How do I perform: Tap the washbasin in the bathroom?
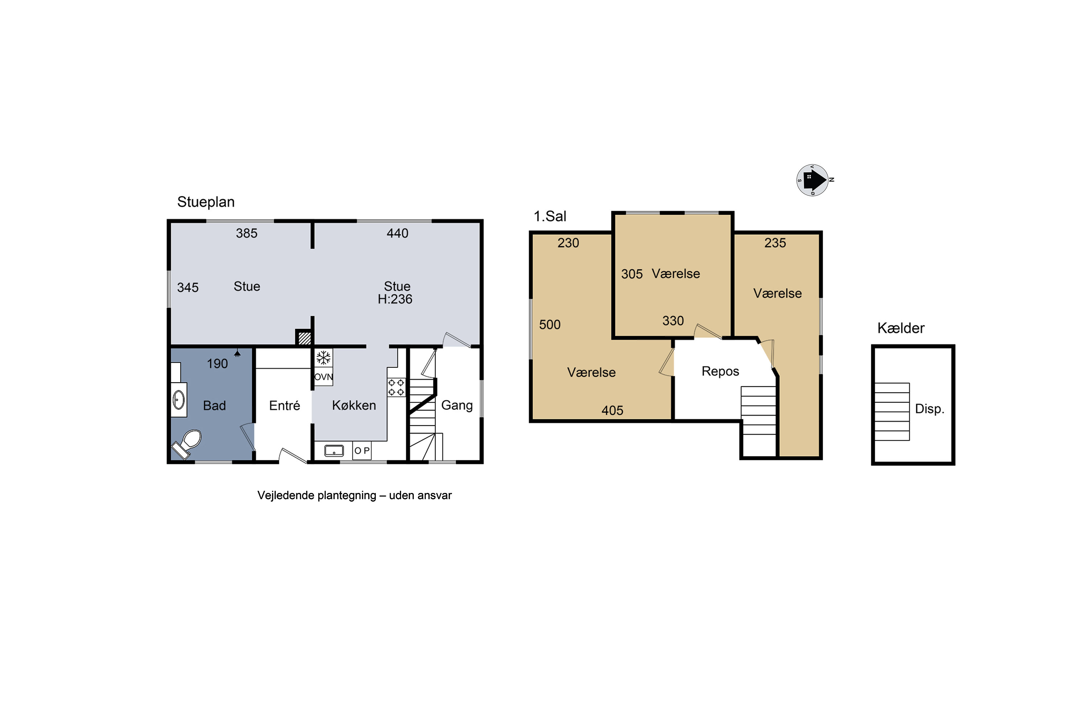tap(179, 400)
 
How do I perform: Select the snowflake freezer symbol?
tap(323, 358)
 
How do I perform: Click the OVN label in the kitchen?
tap(323, 377)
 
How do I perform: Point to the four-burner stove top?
tap(396, 388)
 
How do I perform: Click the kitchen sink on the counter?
tap(334, 450)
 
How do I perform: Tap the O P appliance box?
tap(362, 450)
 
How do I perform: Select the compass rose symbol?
tap(813, 180)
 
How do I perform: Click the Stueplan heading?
tap(206, 202)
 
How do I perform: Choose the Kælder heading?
tap(901, 328)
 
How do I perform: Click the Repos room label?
tap(720, 371)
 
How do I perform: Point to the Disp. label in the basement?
tap(929, 408)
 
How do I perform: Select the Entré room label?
tap(284, 405)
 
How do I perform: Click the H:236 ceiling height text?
tap(395, 299)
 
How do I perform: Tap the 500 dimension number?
tap(549, 325)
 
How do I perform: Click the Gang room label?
tap(457, 405)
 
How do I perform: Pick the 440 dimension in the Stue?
tap(397, 233)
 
